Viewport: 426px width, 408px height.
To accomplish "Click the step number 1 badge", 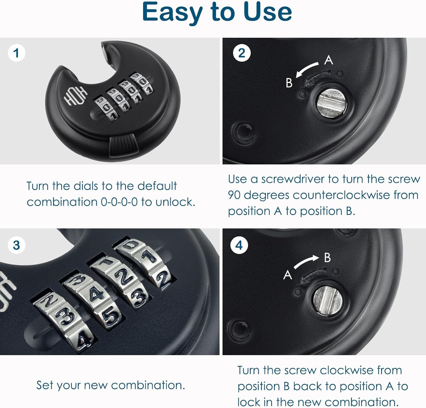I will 16,53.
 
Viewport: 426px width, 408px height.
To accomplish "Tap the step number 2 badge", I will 242,53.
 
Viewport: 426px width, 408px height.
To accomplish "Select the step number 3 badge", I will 16,245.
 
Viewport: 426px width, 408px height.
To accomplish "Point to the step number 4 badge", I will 239,245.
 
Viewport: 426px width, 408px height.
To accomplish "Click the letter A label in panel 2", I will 329,60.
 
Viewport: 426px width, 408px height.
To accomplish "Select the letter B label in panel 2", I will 289,83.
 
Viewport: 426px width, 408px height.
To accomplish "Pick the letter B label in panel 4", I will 327,258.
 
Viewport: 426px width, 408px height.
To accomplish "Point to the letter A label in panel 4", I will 288,275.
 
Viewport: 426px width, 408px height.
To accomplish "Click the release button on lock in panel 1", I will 123,146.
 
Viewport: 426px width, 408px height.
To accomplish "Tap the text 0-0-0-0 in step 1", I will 119,202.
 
